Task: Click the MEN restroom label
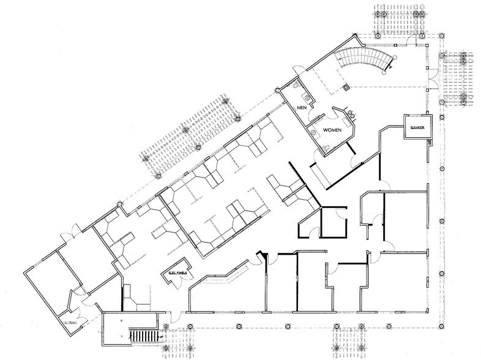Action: point(301,108)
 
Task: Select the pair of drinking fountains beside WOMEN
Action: point(352,113)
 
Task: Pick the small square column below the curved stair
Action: point(346,88)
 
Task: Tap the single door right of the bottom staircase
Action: point(173,318)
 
